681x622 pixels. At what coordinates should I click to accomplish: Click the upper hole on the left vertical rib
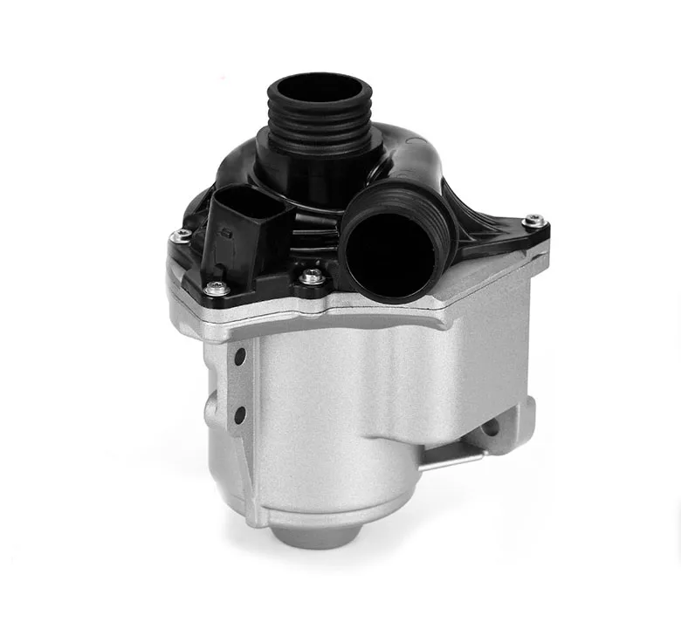pyautogui.click(x=237, y=359)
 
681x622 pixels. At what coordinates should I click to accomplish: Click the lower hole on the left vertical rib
pyautogui.click(x=237, y=407)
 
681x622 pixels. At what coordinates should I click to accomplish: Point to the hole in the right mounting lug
pyautogui.click(x=489, y=428)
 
